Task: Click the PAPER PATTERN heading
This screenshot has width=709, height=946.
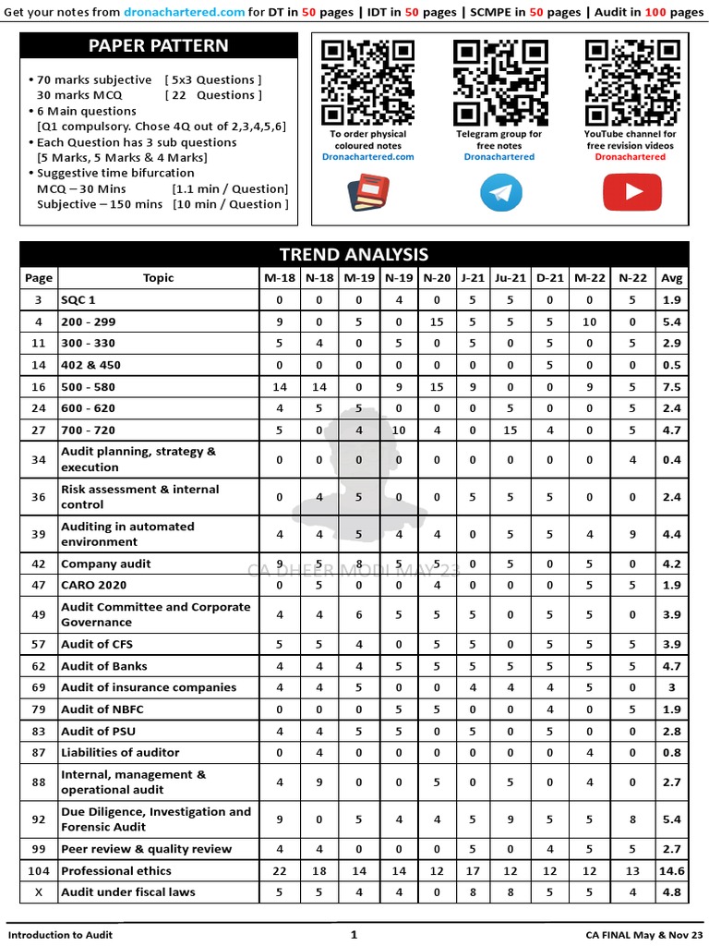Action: [x=158, y=46]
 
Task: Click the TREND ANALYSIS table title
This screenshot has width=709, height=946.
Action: [x=354, y=254]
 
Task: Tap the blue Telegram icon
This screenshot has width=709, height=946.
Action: [x=499, y=192]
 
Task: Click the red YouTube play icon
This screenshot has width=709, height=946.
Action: [x=631, y=192]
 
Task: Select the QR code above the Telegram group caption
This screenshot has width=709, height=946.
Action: [x=499, y=83]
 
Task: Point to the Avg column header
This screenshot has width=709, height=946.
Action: [x=672, y=278]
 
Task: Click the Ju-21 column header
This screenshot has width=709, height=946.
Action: [x=511, y=278]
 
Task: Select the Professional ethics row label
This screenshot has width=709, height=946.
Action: [x=116, y=871]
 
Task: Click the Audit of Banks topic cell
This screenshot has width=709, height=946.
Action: [x=104, y=666]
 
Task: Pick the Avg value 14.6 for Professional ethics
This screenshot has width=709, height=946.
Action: [x=672, y=871]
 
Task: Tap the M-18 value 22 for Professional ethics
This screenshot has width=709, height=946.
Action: [x=280, y=871]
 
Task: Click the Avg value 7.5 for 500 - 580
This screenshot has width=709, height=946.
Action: [x=672, y=387]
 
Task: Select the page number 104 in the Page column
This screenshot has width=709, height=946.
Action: [x=39, y=871]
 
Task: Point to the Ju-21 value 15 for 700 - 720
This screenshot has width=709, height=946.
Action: [x=511, y=430]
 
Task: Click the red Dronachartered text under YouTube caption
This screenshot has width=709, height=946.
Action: [x=631, y=157]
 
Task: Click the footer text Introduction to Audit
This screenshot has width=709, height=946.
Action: [x=60, y=935]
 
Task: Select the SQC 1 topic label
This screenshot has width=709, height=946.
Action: [x=78, y=300]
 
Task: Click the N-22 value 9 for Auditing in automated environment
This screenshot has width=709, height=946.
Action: [x=633, y=534]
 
